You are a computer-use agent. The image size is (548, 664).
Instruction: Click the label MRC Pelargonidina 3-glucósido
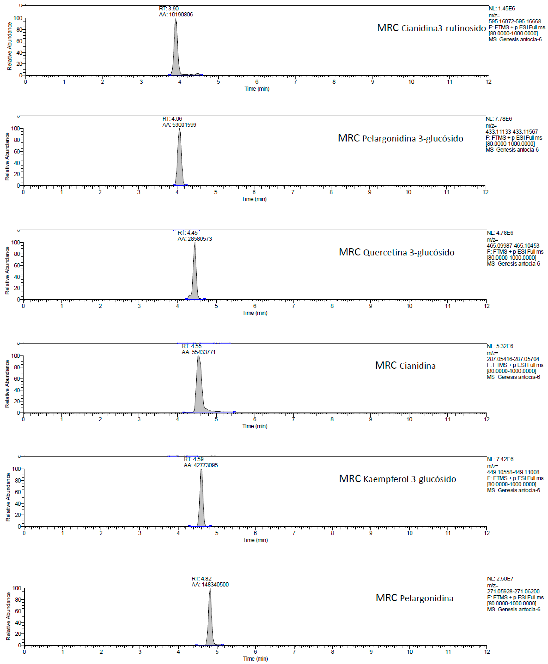pos(400,138)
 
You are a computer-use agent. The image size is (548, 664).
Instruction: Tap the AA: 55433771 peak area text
pos(198,352)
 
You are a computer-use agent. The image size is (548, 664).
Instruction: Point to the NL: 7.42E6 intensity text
pos(500,459)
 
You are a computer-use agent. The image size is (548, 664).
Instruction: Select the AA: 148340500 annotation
pos(210,585)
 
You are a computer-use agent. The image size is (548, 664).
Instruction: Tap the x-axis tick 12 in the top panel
pos(488,82)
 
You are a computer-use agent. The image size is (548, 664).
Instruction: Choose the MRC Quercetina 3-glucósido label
pos(396,252)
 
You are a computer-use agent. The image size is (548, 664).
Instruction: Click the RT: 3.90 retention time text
pos(169,9)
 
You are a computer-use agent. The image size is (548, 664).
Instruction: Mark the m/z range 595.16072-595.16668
pos(515,21)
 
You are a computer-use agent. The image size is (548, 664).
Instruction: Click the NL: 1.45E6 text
pos(502,9)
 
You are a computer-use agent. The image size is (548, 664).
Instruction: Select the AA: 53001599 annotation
pos(179,125)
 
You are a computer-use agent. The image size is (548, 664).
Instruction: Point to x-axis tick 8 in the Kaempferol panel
pos(332,533)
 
